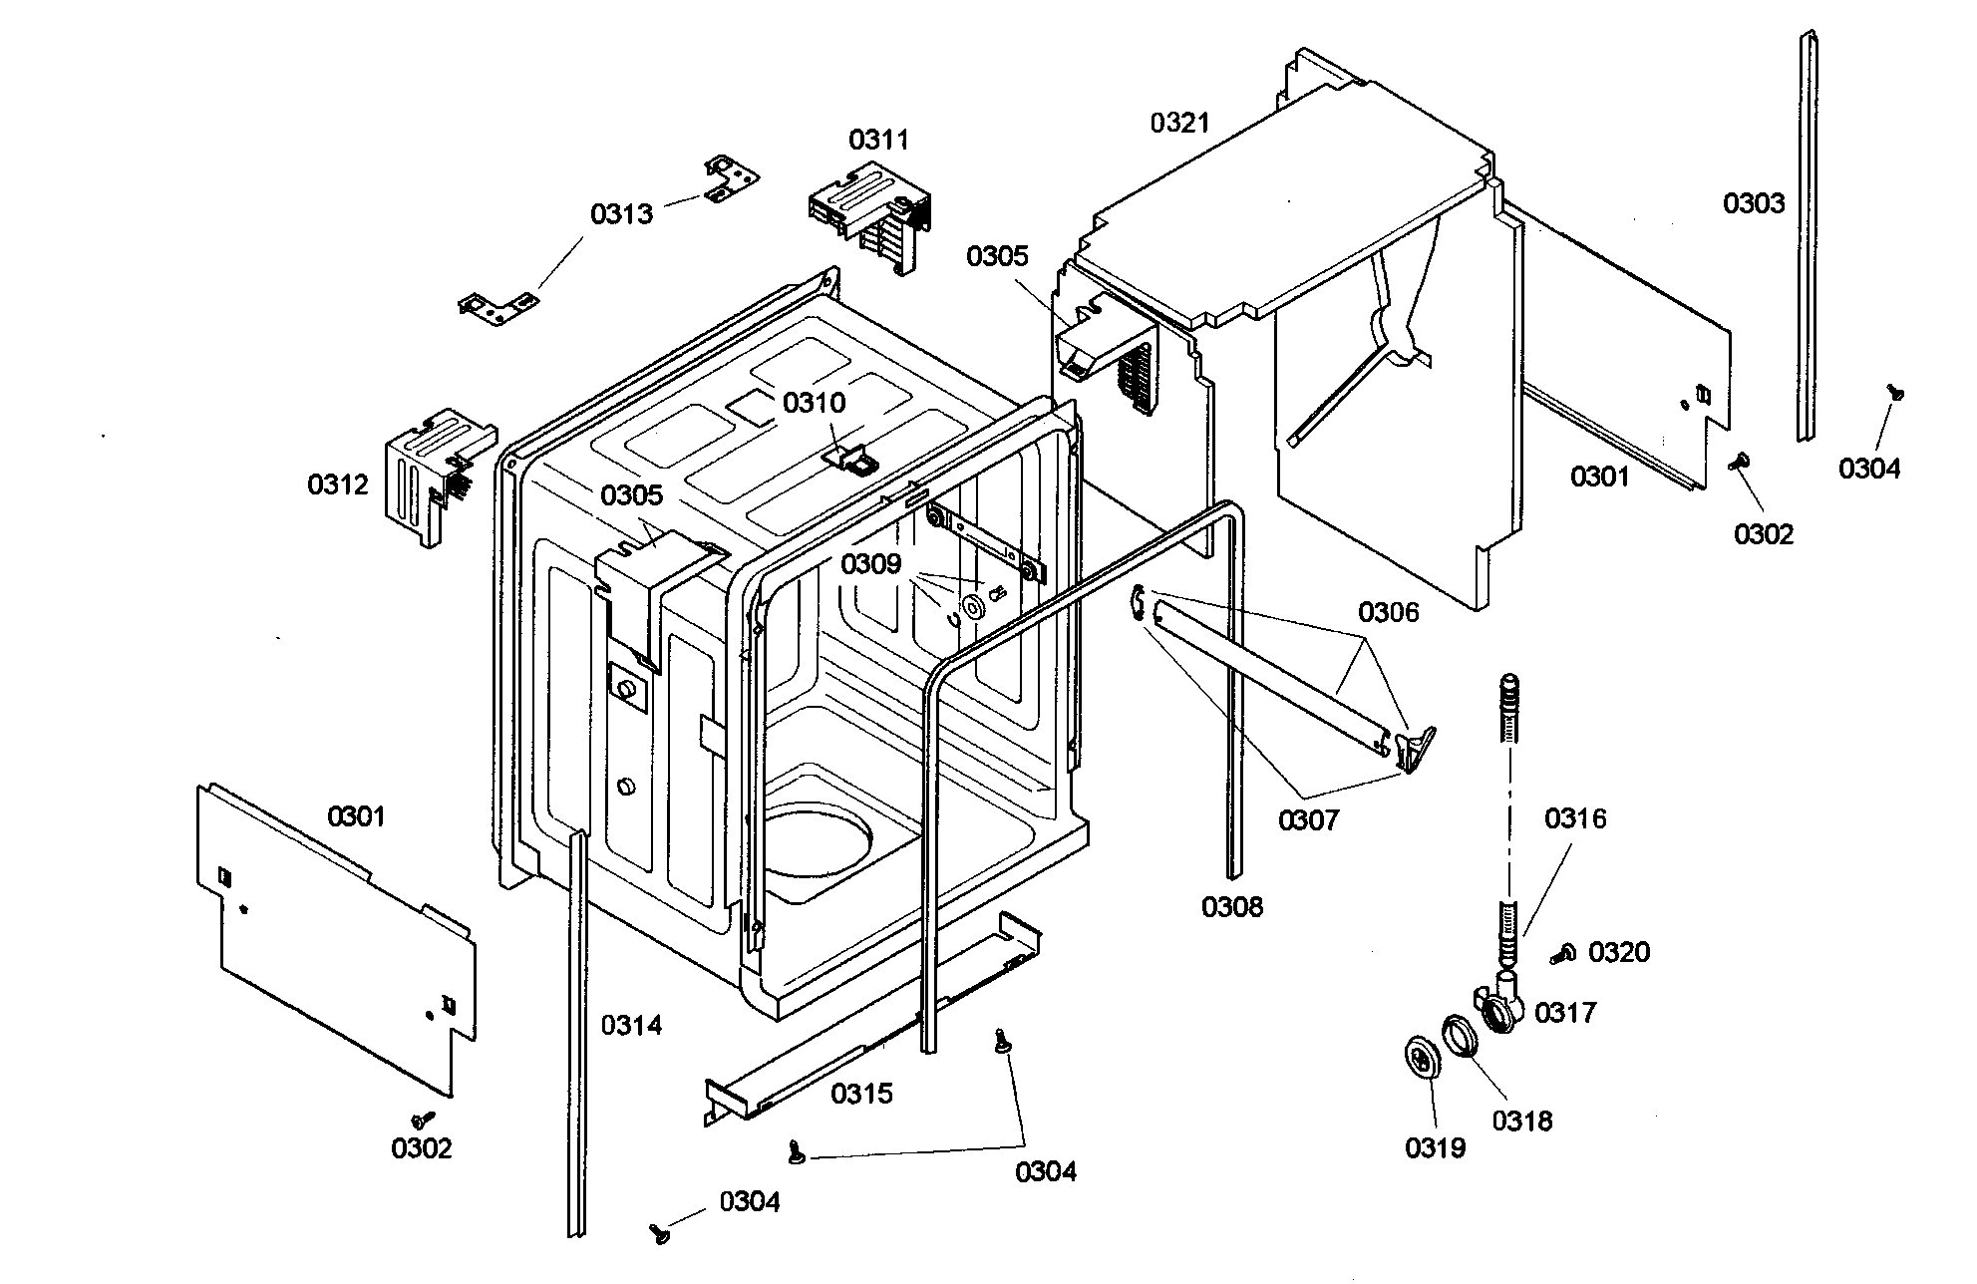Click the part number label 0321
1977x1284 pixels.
click(x=1179, y=123)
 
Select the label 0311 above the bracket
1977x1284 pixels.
click(x=878, y=140)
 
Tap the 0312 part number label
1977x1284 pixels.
click(x=338, y=484)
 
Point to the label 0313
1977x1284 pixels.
click(x=621, y=213)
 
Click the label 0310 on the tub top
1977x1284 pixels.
click(x=814, y=403)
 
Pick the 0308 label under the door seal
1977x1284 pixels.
click(x=1231, y=906)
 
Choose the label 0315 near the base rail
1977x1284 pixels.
click(x=862, y=1094)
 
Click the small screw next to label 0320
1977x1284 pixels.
click(x=1561, y=955)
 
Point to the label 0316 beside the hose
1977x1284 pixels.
click(x=1575, y=818)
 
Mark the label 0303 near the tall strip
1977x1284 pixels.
click(x=1754, y=203)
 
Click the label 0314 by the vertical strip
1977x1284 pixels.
click(x=631, y=1025)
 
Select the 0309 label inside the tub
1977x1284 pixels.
click(x=870, y=565)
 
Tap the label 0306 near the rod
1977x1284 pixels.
click(x=1388, y=612)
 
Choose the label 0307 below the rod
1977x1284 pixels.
click(x=1309, y=820)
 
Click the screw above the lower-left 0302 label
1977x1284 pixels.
click(x=423, y=1120)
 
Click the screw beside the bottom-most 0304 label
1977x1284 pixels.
click(x=659, y=1233)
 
